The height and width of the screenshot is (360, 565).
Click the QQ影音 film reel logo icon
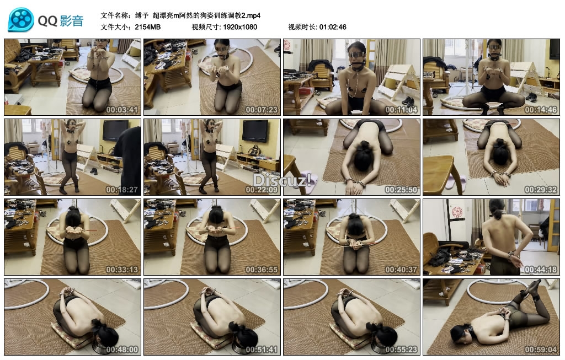point(22,20)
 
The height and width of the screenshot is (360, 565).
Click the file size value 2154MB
point(148,27)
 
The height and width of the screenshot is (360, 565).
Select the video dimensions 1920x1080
point(240,27)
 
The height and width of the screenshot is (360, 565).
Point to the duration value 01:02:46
point(333,27)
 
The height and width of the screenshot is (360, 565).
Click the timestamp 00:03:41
point(122,110)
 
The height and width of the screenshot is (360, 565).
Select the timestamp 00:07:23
point(262,110)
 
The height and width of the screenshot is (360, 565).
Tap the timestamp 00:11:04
point(401,110)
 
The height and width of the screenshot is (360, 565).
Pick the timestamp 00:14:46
point(541,110)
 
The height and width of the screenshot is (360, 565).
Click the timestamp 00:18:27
point(122,189)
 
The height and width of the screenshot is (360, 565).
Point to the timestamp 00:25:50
point(401,189)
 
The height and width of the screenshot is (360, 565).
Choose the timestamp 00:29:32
point(541,189)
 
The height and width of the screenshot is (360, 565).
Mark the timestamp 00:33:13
point(122,269)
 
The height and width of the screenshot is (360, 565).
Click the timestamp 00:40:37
point(401,269)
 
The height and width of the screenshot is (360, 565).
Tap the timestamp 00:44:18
point(541,269)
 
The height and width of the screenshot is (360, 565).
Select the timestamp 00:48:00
point(122,349)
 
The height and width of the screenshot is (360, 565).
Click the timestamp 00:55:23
point(401,349)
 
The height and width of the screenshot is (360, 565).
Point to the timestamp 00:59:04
point(541,349)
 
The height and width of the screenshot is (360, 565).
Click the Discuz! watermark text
point(282,180)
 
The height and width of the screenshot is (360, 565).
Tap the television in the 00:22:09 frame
point(255,131)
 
